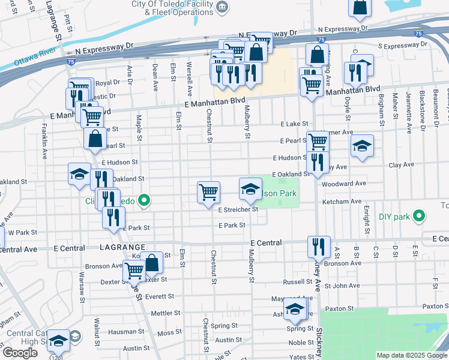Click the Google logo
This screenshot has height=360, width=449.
click(20, 353)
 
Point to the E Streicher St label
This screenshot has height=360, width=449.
click(238, 210)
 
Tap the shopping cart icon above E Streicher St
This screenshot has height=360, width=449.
click(208, 192)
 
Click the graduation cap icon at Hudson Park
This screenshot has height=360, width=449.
click(250, 189)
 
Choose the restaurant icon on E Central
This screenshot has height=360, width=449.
click(318, 245)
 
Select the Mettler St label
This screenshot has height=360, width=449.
click(166, 313)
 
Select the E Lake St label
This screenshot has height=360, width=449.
click(294, 124)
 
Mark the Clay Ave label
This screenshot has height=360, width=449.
click(402, 164)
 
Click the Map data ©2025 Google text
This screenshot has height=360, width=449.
click(412, 355)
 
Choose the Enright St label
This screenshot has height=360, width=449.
click(366, 220)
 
